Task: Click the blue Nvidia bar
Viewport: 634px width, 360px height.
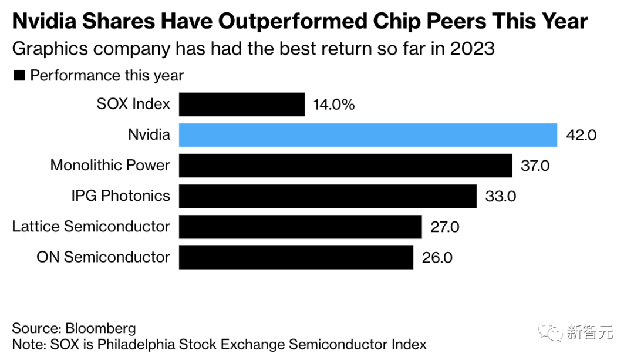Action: coord(367,135)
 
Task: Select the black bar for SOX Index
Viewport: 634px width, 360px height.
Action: coord(242,105)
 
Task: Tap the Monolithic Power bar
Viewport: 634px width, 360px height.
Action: coord(345,166)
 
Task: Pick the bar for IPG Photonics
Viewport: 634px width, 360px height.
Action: coord(328,196)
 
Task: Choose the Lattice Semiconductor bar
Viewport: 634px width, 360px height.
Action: coord(300,227)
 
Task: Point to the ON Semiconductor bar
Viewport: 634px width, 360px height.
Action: coord(296,257)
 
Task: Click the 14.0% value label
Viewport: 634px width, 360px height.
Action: coord(334,105)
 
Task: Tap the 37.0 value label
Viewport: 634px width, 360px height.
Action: coord(535,166)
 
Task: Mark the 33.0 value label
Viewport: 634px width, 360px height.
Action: coord(501,196)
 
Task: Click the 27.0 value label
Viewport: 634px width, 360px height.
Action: coord(445,227)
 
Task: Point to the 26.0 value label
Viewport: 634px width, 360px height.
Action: coord(437,257)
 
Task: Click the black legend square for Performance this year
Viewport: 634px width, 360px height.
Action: coord(19,76)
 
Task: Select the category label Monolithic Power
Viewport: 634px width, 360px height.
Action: coord(110,165)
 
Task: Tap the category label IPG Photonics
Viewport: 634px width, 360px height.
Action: coord(121,196)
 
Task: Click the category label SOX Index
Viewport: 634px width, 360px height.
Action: coord(133,105)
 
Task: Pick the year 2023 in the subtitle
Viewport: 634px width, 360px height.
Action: coord(473,49)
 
